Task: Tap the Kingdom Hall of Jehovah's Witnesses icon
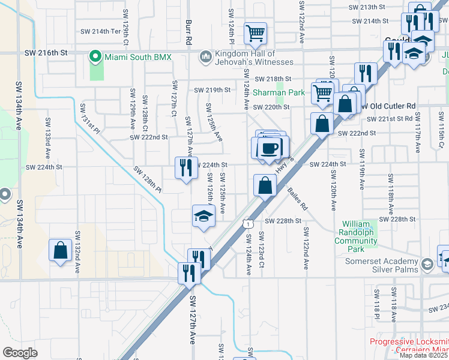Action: [x=205, y=56]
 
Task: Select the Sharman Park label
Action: [x=278, y=92]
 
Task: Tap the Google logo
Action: [x=20, y=352]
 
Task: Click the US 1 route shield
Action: [x=247, y=223]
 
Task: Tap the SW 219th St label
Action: [x=212, y=90]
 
